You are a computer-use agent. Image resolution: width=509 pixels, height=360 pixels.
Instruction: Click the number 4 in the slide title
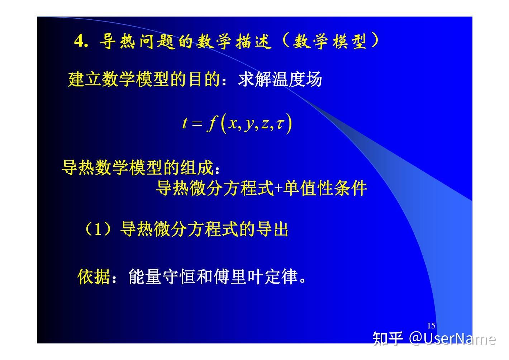tap(79, 42)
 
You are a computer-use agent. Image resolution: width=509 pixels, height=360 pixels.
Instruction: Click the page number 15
tap(431, 326)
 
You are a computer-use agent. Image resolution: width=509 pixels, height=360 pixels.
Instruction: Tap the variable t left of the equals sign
tap(185, 123)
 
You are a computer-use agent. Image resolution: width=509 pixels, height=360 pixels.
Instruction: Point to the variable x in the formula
tap(233, 123)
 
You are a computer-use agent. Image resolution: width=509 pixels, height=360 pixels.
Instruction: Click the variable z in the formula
tap(265, 123)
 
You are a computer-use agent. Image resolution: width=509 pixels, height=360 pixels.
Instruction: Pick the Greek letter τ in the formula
tap(281, 123)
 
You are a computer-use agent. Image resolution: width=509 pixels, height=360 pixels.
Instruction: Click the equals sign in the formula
tap(197, 124)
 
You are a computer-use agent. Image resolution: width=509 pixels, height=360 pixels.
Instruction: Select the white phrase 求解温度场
tap(280, 79)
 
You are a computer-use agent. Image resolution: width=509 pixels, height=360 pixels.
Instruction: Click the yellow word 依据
tap(94, 276)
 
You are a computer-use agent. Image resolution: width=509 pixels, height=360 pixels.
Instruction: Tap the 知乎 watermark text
tap(387, 338)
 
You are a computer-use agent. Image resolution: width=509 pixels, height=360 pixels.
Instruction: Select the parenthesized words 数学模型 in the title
tap(329, 42)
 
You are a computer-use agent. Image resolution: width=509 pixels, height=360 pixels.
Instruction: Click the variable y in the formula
tap(249, 124)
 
